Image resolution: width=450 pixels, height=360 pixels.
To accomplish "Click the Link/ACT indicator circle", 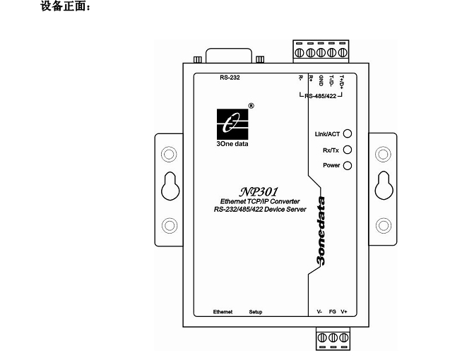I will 347,133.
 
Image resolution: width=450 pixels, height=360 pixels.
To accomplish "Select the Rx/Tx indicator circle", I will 347,149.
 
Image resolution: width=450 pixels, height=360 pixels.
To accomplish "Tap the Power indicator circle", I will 347,165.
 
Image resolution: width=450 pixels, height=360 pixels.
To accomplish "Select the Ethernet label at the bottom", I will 225,311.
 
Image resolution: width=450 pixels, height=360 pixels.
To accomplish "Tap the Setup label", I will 256,311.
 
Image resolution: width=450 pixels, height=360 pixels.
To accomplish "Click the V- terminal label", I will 319,311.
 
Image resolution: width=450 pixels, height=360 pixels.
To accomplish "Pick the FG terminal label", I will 332,311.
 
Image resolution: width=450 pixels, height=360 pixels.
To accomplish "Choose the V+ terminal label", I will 344,311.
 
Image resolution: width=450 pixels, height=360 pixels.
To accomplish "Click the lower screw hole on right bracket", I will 384,225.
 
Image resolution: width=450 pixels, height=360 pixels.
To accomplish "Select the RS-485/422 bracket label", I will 321,95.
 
